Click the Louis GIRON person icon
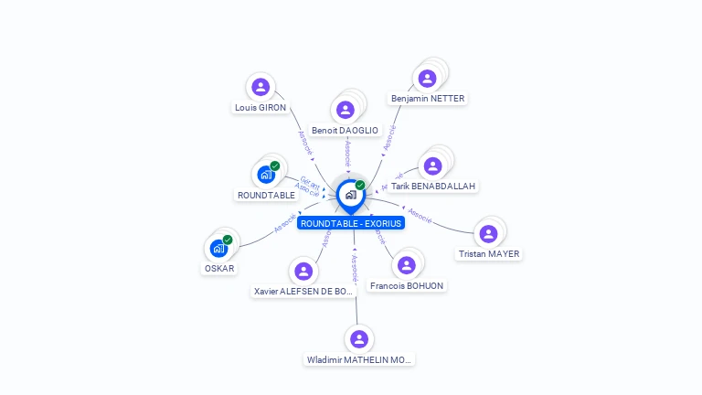(x=261, y=87)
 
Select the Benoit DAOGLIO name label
(x=345, y=131)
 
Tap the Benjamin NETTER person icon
(x=426, y=79)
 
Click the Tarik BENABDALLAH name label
(x=432, y=186)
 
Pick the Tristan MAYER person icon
(x=488, y=234)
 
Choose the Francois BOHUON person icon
(x=406, y=265)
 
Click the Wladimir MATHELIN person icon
(x=359, y=339)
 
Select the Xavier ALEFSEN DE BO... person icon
(x=303, y=271)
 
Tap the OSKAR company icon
(x=218, y=248)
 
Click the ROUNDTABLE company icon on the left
(x=266, y=174)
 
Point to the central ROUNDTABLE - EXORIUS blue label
(x=351, y=223)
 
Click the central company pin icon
(x=350, y=195)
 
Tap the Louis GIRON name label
(x=261, y=107)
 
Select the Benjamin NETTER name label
(x=428, y=99)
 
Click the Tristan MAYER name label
(x=488, y=254)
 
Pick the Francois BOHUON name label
(x=407, y=286)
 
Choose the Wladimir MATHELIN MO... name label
(x=359, y=360)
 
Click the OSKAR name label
(x=219, y=268)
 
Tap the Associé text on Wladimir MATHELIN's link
(x=355, y=267)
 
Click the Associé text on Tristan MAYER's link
(x=420, y=215)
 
